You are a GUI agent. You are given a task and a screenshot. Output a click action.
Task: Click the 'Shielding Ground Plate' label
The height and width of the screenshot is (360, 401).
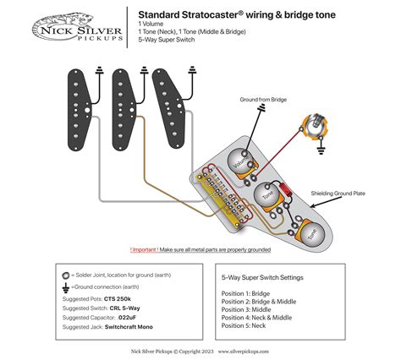[x=338, y=194]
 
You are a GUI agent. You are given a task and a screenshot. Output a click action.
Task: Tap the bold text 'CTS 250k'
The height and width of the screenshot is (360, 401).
[x=120, y=300]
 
